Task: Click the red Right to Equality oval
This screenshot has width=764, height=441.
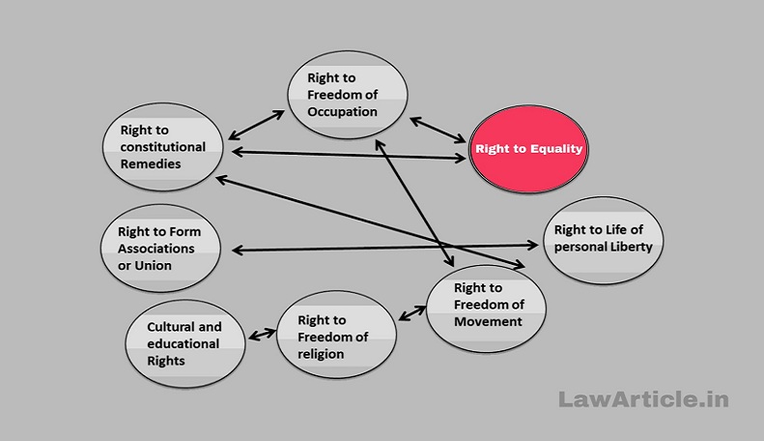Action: point(528,149)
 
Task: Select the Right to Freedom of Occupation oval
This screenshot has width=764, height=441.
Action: point(348,95)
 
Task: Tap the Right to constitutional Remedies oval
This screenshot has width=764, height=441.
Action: point(162,147)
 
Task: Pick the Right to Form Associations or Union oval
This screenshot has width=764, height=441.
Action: point(160,249)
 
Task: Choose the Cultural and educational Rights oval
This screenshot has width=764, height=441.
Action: point(185,344)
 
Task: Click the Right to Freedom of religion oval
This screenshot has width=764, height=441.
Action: point(336,335)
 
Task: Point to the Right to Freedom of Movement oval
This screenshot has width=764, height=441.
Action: point(486,309)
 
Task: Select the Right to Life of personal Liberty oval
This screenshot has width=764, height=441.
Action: point(604,241)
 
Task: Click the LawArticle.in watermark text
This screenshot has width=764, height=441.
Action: point(643,399)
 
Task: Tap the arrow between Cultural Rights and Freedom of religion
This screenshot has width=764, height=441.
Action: point(262,335)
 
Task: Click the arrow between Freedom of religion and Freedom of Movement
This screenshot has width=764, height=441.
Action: point(412,312)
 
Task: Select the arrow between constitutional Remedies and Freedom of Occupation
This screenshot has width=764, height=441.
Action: point(256,125)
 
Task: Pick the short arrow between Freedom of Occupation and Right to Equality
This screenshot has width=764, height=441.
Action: point(438,131)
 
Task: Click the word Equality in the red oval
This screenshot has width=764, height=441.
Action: point(556,149)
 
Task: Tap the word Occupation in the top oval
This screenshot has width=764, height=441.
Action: point(342,112)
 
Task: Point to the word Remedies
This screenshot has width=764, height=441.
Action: point(151,163)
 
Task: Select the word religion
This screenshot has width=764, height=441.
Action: point(321,354)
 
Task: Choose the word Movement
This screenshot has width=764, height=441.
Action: point(488,321)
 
